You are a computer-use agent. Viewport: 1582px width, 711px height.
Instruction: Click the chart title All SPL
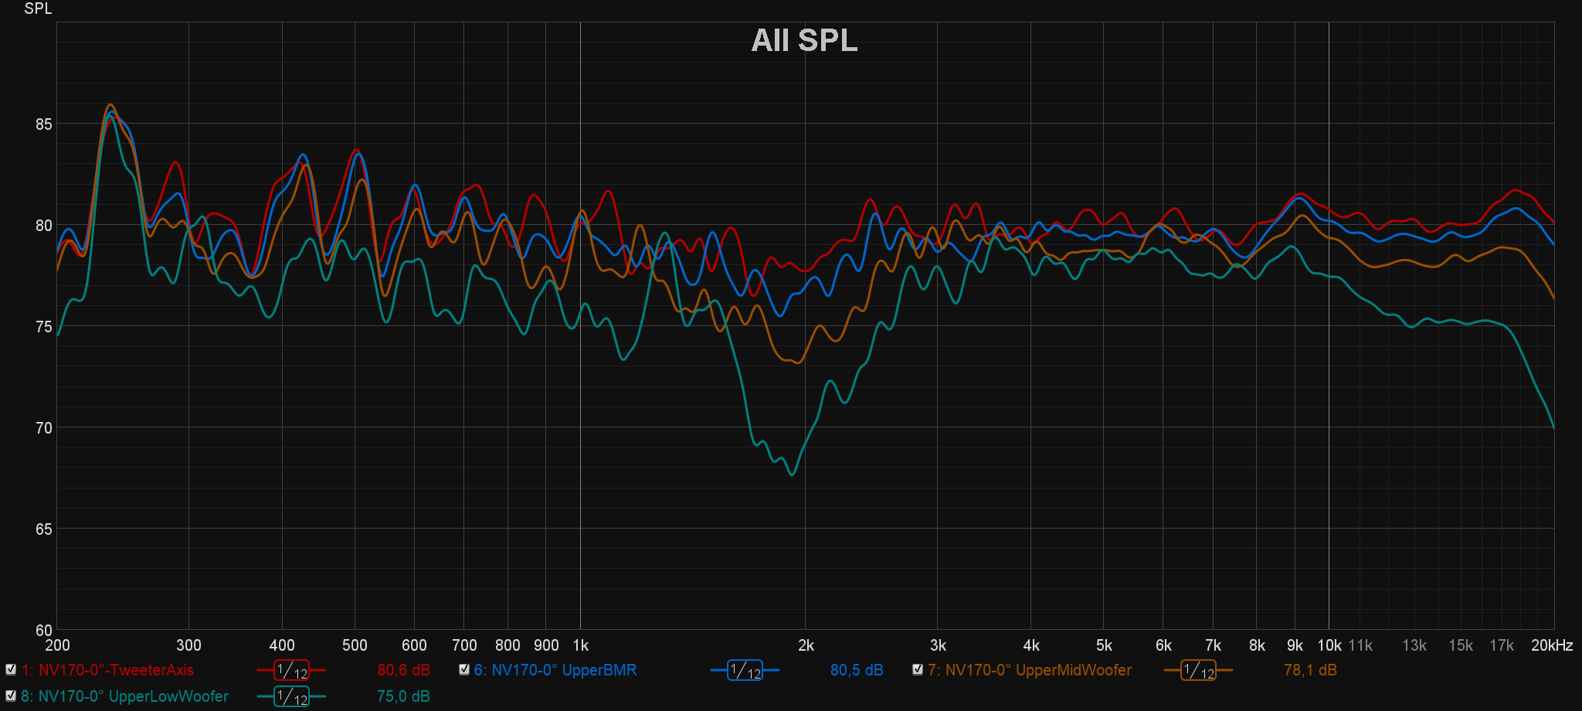click(x=804, y=40)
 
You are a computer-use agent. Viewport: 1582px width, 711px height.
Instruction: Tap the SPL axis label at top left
click(x=38, y=9)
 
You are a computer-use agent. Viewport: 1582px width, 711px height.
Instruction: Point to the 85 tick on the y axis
click(x=44, y=124)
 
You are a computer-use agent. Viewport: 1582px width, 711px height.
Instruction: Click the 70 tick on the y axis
click(x=44, y=427)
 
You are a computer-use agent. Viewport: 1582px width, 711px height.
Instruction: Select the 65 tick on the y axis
click(x=44, y=529)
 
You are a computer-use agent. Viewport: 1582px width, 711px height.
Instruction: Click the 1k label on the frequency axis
click(x=581, y=645)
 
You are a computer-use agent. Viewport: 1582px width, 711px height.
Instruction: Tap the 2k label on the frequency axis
click(x=806, y=645)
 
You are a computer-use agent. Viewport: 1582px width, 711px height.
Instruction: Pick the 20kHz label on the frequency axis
click(x=1552, y=645)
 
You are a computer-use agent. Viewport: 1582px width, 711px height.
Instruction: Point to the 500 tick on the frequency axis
click(x=355, y=645)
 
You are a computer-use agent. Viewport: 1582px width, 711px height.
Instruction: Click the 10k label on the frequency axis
click(x=1329, y=645)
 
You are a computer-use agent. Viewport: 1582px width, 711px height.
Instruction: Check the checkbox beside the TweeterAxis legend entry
click(x=11, y=670)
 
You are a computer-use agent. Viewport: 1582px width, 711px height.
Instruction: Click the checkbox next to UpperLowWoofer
click(x=11, y=696)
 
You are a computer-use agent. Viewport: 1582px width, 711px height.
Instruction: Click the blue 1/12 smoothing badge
click(x=745, y=671)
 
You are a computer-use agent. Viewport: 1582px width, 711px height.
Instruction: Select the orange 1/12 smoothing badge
click(x=1198, y=671)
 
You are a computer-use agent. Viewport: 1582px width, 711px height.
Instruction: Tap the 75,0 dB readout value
click(x=403, y=696)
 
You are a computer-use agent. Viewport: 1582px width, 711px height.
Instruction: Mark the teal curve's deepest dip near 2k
click(x=792, y=474)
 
